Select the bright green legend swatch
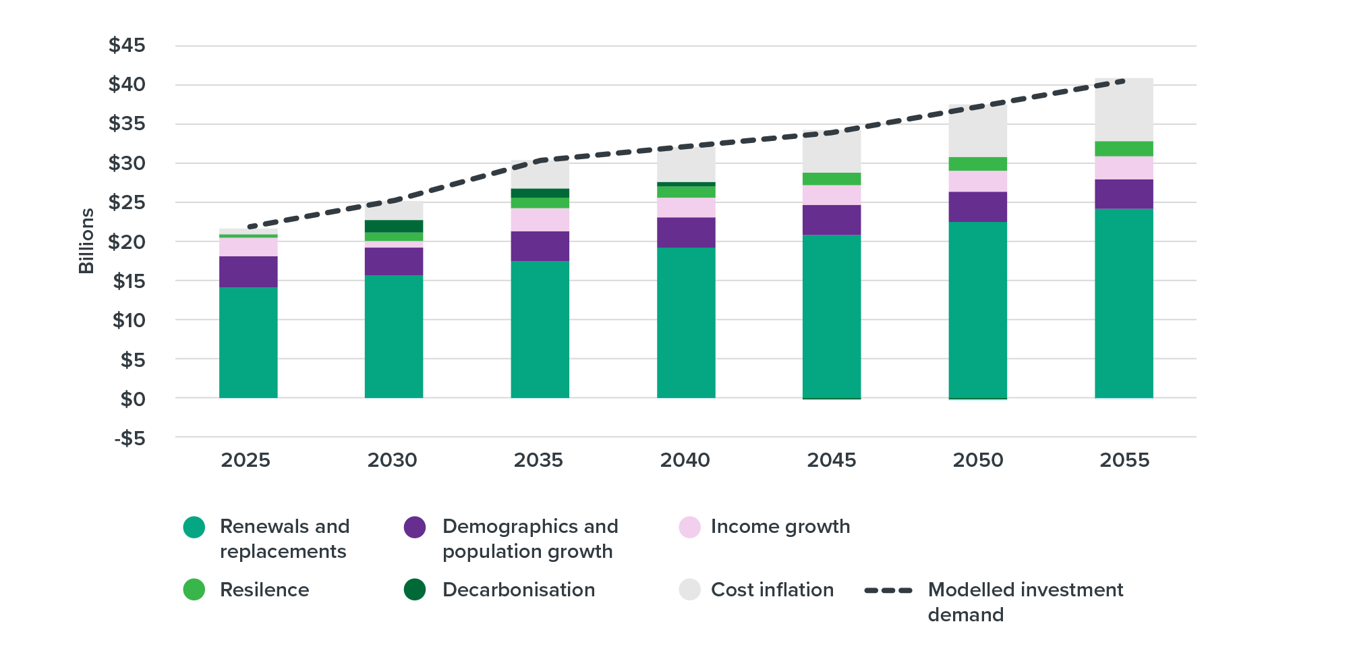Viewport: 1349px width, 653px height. pyautogui.click(x=145, y=590)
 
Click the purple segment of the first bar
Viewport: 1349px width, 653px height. pyautogui.click(x=248, y=272)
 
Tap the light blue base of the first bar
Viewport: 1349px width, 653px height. pyautogui.click(x=248, y=407)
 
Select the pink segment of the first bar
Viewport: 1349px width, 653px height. pyautogui.click(x=248, y=248)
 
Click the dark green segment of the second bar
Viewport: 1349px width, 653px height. pyautogui.click(x=394, y=227)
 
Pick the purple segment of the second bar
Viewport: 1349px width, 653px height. pyautogui.click(x=394, y=261)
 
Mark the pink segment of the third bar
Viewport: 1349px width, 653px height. pyautogui.click(x=540, y=220)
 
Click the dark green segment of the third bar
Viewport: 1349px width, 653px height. pyautogui.click(x=540, y=193)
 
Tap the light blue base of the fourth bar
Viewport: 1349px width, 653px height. pyautogui.click(x=686, y=407)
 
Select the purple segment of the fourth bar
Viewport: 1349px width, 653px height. pyautogui.click(x=686, y=232)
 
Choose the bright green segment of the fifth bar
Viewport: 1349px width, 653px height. pyautogui.click(x=831, y=179)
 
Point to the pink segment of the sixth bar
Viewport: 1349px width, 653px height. pyautogui.click(x=977, y=181)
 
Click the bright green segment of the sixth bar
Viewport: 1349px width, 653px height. pyautogui.click(x=977, y=164)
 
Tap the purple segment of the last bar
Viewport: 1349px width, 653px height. pyautogui.click(x=1124, y=194)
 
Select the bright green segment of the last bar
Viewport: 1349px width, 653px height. pyautogui.click(x=1124, y=149)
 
